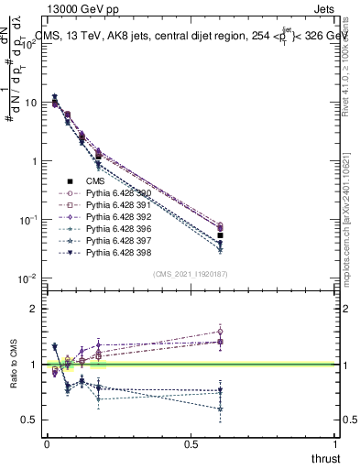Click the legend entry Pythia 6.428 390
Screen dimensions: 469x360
click(116, 194)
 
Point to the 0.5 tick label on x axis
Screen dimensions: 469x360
click(191, 445)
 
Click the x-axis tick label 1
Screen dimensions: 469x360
click(335, 445)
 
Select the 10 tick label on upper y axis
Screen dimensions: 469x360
click(29, 103)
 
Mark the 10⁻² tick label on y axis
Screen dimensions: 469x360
click(27, 278)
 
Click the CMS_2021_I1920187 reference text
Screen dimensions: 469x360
click(191, 274)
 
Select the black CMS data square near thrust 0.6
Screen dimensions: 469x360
click(221, 236)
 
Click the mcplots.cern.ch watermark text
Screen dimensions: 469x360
click(350, 234)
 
